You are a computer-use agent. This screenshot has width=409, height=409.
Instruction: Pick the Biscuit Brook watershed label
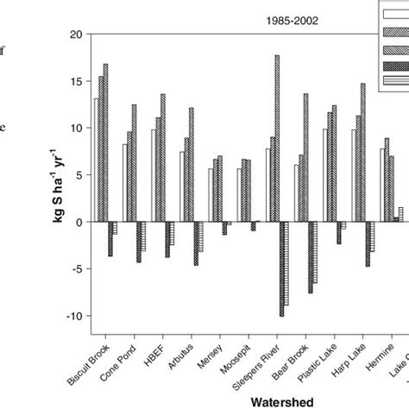[89, 362]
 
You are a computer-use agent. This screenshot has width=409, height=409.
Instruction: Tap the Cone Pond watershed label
[121, 359]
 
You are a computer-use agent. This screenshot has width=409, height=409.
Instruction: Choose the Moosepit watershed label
[238, 355]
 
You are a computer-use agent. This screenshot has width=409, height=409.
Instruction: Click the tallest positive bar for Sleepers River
[277, 138]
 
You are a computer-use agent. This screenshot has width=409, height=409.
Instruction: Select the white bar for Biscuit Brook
[97, 160]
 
